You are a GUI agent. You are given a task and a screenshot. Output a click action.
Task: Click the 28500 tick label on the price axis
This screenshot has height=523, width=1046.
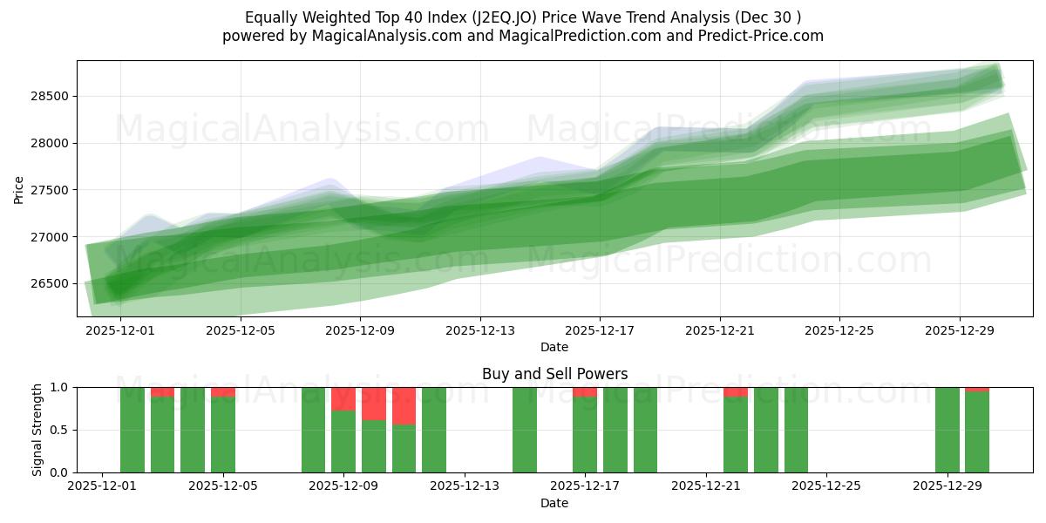[51, 96]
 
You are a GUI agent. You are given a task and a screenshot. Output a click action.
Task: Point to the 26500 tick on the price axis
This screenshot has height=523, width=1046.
[51, 284]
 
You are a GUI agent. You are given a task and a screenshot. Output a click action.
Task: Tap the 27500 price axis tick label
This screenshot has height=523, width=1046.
[51, 190]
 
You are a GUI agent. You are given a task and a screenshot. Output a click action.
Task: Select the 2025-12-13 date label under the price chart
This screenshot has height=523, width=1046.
[479, 331]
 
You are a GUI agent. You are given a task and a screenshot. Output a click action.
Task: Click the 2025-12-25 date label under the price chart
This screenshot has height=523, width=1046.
[839, 331]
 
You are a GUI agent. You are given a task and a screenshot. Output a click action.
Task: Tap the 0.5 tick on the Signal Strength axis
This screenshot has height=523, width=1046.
[59, 430]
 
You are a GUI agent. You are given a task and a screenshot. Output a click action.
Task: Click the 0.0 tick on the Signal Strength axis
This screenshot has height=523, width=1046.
[59, 472]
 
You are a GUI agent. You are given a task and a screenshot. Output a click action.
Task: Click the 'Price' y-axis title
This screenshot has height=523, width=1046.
[19, 189]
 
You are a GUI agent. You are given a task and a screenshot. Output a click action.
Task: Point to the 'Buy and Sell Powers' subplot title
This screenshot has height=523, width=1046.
[554, 374]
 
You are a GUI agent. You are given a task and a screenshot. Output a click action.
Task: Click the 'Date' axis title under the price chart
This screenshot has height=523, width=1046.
[554, 347]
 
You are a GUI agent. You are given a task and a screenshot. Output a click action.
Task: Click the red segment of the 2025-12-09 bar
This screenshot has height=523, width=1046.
[343, 399]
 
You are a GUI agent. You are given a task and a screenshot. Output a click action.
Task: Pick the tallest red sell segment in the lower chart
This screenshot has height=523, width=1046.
[404, 406]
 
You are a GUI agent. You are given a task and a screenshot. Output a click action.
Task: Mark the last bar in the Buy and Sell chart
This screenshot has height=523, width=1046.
[977, 431]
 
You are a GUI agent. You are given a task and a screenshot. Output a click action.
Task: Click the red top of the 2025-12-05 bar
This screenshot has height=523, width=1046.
[223, 392]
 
